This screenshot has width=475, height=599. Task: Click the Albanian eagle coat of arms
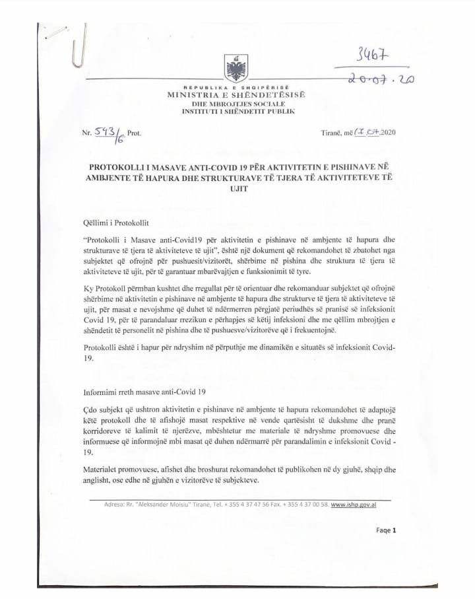[236, 68]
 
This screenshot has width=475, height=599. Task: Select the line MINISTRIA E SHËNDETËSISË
[236, 96]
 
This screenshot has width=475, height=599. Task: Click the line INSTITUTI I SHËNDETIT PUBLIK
[236, 112]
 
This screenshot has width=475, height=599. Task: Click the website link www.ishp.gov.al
[358, 505]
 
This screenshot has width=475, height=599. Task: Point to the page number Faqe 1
[385, 530]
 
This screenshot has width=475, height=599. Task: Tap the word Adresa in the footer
[116, 505]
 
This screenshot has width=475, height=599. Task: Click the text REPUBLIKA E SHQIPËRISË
[236, 88]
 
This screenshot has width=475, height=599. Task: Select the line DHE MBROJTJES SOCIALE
[236, 104]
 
